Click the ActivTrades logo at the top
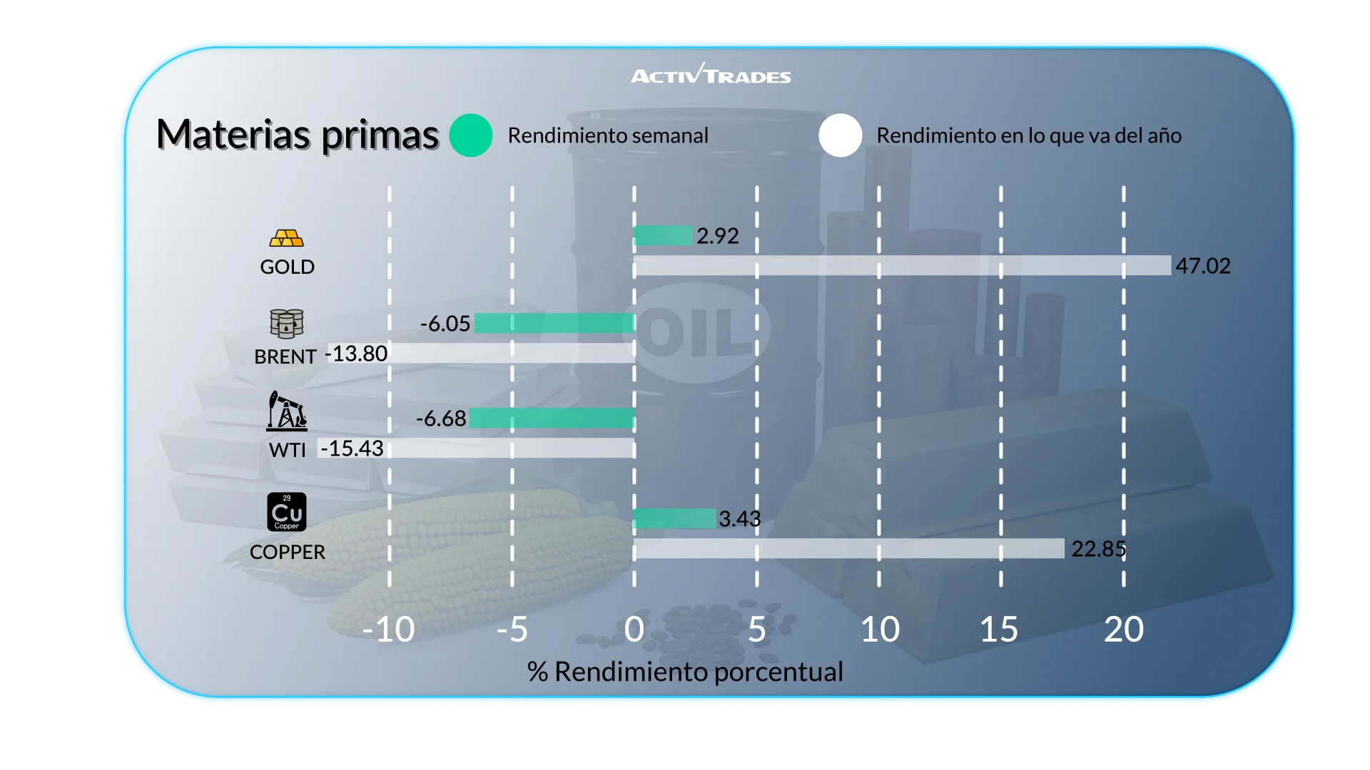coord(711,75)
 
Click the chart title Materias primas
coord(297,135)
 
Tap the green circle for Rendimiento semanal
coord(471,135)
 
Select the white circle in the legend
coord(841,135)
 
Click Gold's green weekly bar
coord(663,235)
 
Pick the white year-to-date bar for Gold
coord(902,266)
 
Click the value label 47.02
coord(1203,266)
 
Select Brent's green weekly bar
coord(554,323)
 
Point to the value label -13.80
coord(357,354)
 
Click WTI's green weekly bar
coord(552,418)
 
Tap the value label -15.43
coord(352,448)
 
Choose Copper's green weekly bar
coord(674,518)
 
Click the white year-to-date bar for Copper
coord(848,549)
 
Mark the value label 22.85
coord(1098,549)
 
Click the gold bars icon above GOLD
coord(287,238)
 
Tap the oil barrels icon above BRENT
coord(287,324)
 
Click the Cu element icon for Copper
coord(287,512)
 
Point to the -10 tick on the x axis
coord(388,630)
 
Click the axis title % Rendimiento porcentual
coord(685,672)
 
